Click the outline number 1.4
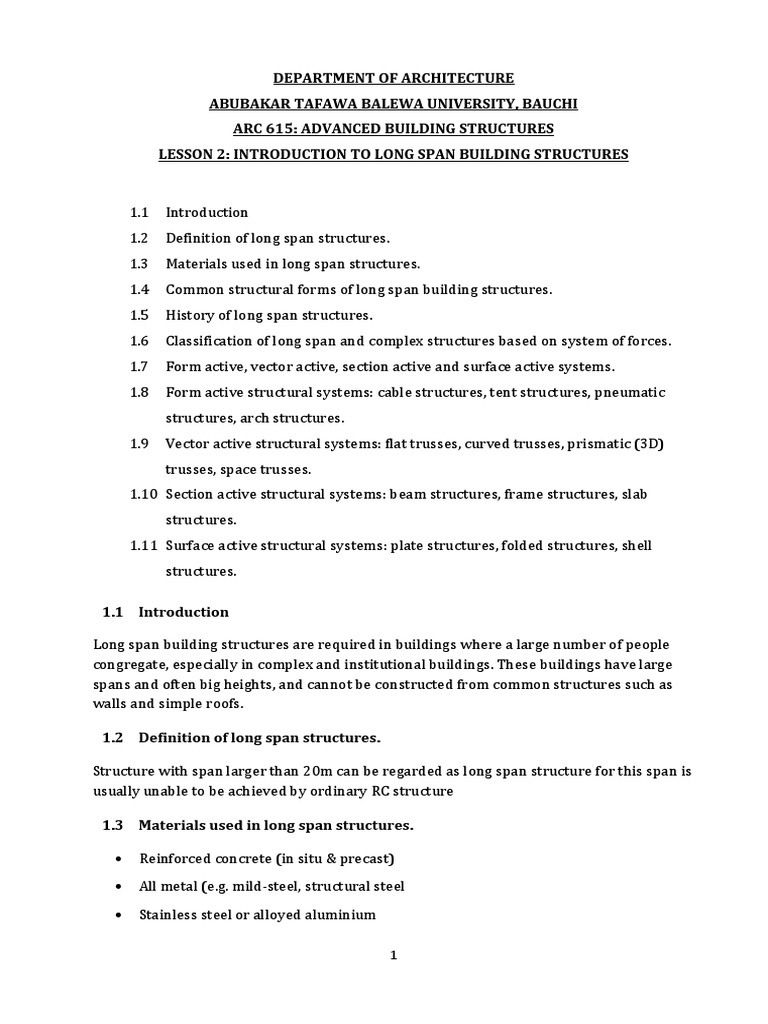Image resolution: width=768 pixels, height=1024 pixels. pos(139,290)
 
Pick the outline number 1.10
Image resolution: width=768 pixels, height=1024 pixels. pos(144,495)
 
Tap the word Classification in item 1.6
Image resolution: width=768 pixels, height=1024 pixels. pos(206,341)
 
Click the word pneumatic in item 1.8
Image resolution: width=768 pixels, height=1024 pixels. pos(629,393)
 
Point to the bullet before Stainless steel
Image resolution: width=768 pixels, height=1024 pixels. pos(119,915)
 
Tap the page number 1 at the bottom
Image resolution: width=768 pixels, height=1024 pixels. pos(393,956)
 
